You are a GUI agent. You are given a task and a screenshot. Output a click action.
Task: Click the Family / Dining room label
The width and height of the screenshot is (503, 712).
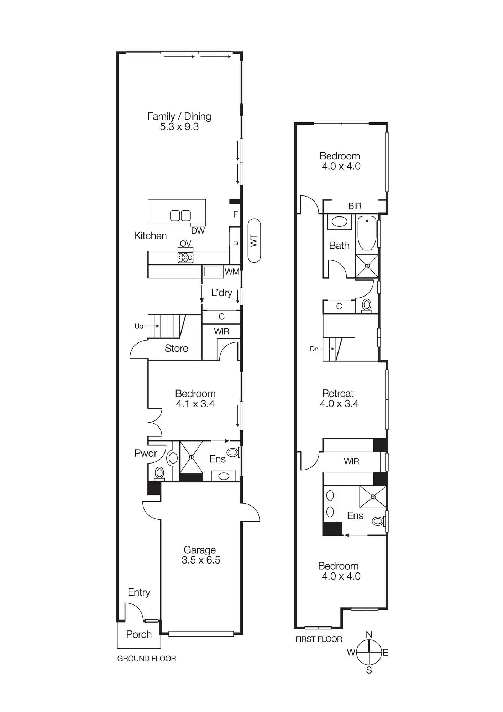click(x=179, y=116)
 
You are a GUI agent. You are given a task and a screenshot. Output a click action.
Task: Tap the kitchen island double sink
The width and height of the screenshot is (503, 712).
click(x=180, y=215)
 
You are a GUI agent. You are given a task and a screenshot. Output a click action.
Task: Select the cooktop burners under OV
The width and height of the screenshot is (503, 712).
click(x=185, y=257)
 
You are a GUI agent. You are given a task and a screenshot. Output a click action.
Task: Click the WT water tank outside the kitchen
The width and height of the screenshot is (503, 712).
click(x=254, y=241)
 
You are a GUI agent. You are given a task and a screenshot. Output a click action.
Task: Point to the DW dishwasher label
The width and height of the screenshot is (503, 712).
click(x=198, y=231)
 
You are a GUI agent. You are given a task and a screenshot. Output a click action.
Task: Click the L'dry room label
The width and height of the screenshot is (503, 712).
click(x=221, y=293)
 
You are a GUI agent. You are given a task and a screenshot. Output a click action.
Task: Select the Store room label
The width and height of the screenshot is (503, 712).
click(x=176, y=348)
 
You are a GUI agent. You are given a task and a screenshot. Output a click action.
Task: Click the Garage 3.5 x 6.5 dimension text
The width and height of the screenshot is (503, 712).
click(x=201, y=560)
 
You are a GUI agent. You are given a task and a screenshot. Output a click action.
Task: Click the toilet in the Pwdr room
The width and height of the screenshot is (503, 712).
click(x=159, y=473)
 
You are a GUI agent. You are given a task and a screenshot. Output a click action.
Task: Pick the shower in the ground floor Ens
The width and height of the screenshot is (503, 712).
click(x=191, y=457)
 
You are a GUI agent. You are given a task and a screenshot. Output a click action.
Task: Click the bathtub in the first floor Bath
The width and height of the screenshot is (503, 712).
click(x=367, y=233)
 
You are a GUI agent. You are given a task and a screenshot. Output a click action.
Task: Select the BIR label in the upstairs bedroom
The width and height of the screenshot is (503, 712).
click(x=355, y=206)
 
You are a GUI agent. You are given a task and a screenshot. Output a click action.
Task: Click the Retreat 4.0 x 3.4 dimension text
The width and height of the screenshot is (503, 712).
click(x=339, y=403)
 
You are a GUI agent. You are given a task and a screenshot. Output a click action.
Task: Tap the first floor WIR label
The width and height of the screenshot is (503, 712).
click(x=351, y=461)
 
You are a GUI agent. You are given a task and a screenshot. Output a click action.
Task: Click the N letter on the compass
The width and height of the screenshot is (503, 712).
click(x=369, y=634)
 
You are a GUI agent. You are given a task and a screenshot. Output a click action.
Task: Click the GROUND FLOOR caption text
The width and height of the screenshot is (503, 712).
click(x=147, y=659)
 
